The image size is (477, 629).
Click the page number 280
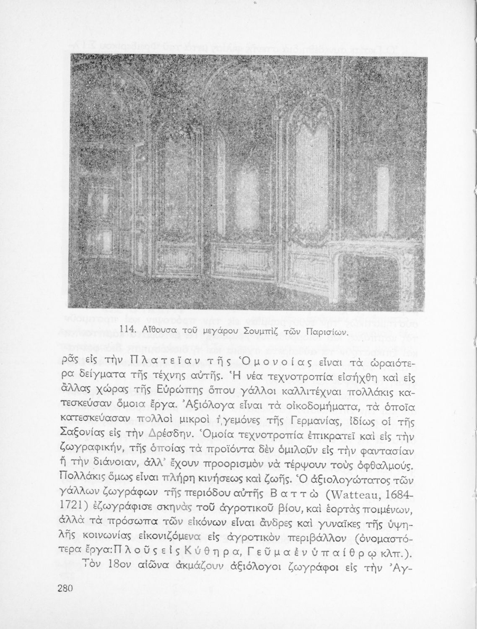[x=66, y=587]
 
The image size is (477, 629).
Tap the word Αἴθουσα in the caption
[x=154, y=331]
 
